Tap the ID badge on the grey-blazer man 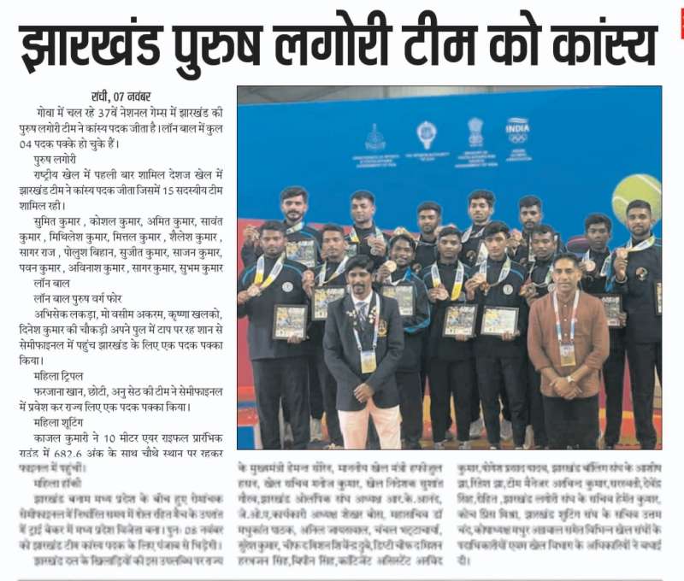(x=368, y=360)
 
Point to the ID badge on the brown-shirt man (x=567, y=353)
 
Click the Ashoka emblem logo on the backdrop (x=475, y=132)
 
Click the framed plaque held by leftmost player (x=290, y=321)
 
